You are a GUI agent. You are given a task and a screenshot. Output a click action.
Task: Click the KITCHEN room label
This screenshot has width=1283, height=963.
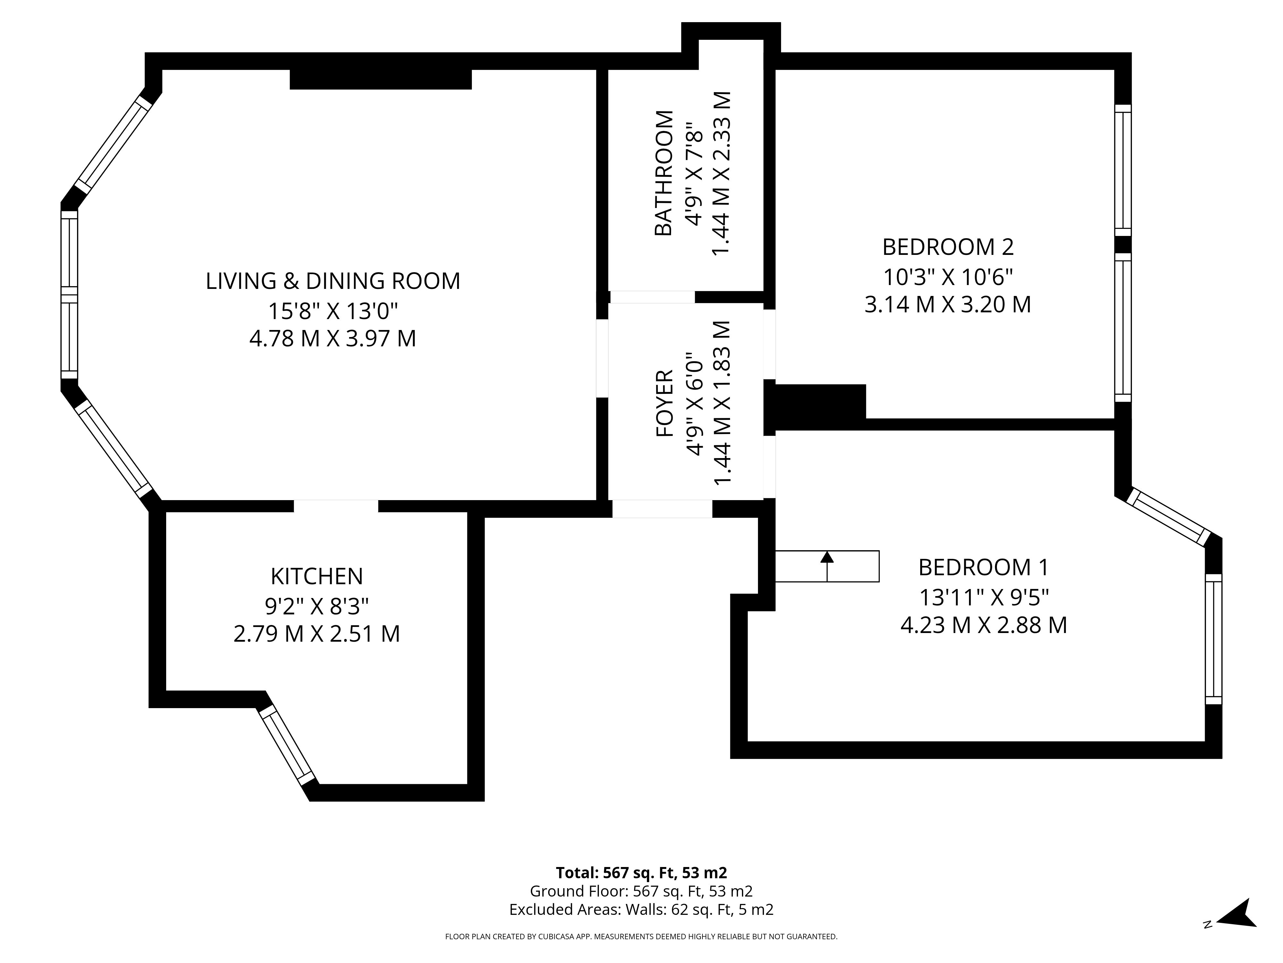[x=317, y=577]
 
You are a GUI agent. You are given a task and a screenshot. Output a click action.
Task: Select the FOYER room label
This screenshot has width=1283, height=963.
[x=664, y=403]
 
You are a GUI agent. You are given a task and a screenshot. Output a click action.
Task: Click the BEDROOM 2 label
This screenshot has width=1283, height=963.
[x=948, y=247]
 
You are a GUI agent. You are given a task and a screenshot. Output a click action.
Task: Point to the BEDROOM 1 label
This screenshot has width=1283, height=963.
[x=984, y=567]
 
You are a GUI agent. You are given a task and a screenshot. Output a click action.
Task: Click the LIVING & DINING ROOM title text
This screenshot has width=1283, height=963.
[x=333, y=281]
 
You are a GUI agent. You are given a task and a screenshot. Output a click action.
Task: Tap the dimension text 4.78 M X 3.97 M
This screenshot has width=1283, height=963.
[x=333, y=338]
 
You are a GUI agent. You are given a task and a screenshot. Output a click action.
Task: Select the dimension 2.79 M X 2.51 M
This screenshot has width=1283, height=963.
[x=317, y=633]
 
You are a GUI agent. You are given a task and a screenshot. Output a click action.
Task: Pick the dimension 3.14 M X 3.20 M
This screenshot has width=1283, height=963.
[x=948, y=304]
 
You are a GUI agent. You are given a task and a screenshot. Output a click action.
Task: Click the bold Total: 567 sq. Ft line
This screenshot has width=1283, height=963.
[x=641, y=889]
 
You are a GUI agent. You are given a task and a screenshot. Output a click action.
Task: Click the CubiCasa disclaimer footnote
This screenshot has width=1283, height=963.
[x=641, y=952]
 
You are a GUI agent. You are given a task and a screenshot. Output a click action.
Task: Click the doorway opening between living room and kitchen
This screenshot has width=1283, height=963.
[x=336, y=506]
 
